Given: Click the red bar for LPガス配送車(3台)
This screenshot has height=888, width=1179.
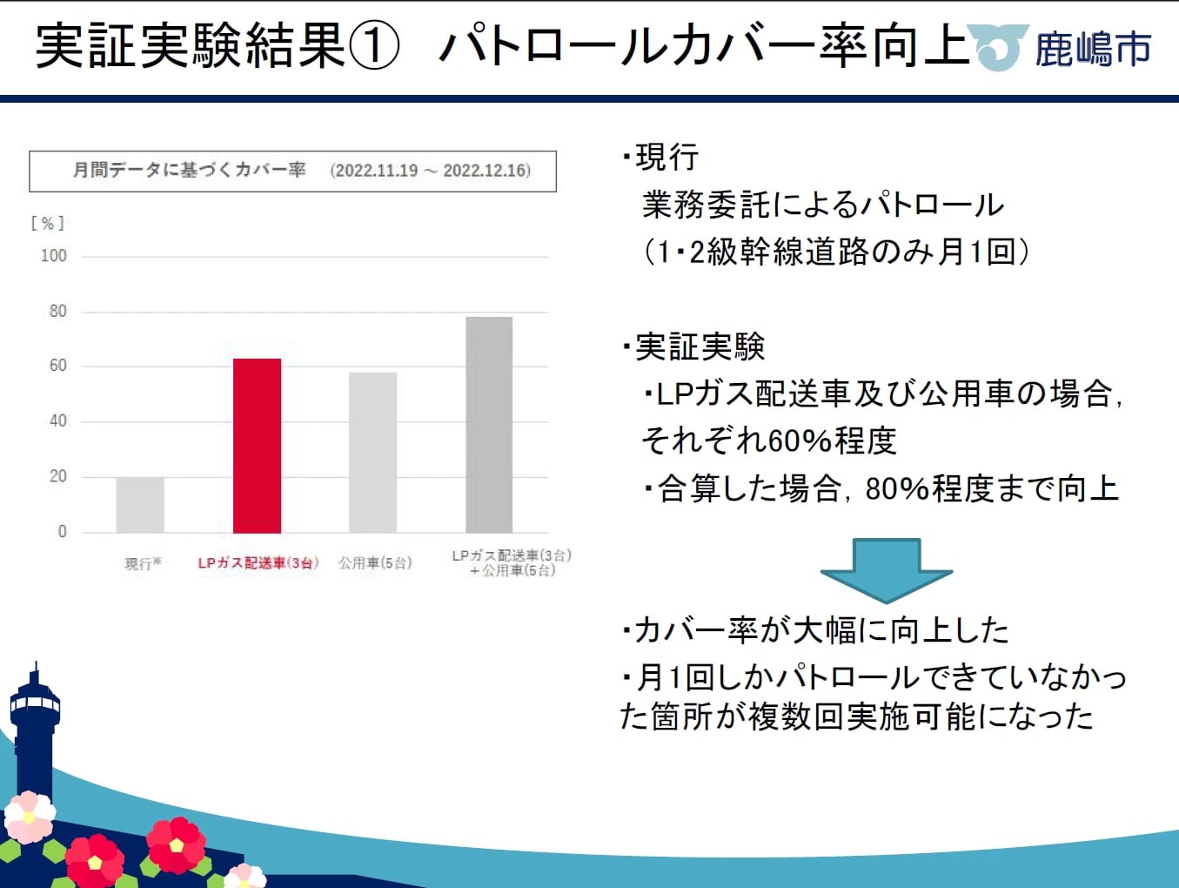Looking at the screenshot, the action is click(x=257, y=446).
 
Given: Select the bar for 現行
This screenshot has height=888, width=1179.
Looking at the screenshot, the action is click(x=140, y=505).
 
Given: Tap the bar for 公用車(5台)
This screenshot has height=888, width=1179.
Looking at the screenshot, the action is click(x=372, y=453).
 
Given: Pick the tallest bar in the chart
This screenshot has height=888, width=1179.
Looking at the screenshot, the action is click(x=489, y=425).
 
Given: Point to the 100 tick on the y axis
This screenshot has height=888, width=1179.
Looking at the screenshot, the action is click(x=54, y=256).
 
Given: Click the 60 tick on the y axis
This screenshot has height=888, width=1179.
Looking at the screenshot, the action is click(x=58, y=366).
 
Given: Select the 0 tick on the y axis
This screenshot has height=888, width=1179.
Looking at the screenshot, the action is click(x=63, y=532).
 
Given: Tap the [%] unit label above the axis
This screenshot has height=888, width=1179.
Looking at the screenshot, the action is click(x=48, y=223).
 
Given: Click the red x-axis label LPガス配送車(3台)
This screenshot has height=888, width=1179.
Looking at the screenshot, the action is click(x=258, y=563).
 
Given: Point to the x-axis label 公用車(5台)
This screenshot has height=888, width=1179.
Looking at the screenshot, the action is click(x=376, y=563).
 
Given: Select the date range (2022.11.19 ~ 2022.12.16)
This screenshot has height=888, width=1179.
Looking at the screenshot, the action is click(x=430, y=171).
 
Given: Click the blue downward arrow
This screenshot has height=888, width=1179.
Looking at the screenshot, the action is click(x=887, y=570).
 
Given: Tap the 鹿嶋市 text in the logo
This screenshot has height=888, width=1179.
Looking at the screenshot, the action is click(x=1093, y=50).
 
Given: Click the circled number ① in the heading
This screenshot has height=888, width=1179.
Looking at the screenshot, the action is click(x=374, y=45).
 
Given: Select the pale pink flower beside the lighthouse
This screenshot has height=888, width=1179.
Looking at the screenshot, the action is click(x=30, y=817).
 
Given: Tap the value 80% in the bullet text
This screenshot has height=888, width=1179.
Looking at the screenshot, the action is click(x=898, y=489).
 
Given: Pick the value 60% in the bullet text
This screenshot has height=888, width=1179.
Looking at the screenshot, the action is click(x=801, y=441).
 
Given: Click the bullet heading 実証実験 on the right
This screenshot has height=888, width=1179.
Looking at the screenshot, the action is click(x=700, y=347).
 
